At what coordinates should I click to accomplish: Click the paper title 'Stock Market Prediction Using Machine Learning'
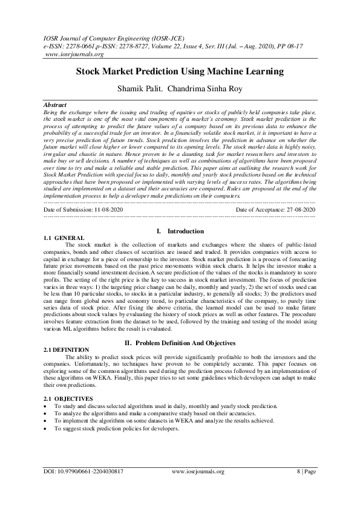[180, 71]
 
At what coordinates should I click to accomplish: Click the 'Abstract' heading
[56, 105]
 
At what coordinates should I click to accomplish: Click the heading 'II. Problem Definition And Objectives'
[180, 343]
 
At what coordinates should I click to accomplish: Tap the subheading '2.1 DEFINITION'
[67, 350]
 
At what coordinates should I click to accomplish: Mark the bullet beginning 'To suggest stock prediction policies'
[117, 428]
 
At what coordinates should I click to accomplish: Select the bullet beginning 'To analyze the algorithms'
[138, 413]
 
